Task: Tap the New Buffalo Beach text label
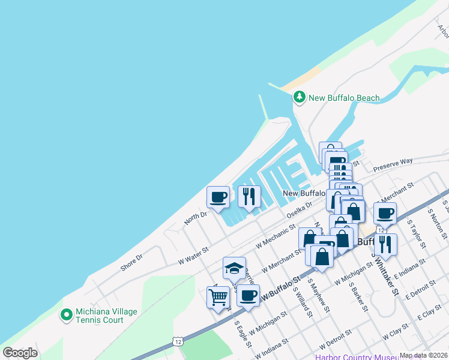344,98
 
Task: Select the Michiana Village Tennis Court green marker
67,314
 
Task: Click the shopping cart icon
218,296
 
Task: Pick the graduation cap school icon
234,268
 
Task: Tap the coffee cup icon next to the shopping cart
249,295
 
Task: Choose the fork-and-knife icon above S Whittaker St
385,244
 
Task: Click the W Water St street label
193,256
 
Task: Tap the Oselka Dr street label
300,211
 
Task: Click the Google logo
20,352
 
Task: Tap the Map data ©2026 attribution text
423,355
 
